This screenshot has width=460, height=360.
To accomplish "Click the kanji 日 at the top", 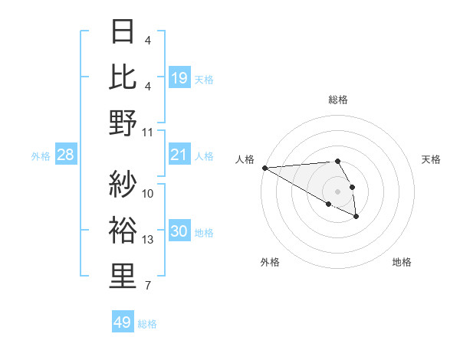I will pos(123,33).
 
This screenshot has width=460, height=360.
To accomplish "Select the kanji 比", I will pos(123,77).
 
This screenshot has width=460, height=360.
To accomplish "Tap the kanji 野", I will pos(123,123).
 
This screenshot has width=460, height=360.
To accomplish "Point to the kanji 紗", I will pos(123,184).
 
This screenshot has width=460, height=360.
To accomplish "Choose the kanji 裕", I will pos(123,230).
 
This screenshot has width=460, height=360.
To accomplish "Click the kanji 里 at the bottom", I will pos(123,276).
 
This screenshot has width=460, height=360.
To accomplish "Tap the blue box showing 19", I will pos(179,78).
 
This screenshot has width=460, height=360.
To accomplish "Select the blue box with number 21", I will pos(179,155).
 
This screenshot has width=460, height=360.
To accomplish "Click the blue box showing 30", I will pos(179,232).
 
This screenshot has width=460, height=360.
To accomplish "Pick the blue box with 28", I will pos(66,155).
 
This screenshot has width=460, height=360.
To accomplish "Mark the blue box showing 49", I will pos(123,322).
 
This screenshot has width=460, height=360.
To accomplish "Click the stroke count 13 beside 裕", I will pos(148,240).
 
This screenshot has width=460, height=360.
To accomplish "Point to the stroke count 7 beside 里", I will pos(148,286).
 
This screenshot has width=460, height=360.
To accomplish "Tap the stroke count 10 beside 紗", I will pos(148,194).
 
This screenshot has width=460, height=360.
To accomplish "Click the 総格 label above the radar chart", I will pos(338,100).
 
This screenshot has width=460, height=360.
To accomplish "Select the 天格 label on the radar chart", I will pos(431,159).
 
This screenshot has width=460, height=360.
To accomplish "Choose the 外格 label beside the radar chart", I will pos(270,262).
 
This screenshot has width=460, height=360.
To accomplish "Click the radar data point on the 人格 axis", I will pos(264,168).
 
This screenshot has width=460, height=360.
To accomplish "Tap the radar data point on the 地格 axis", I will pos(356,217).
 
